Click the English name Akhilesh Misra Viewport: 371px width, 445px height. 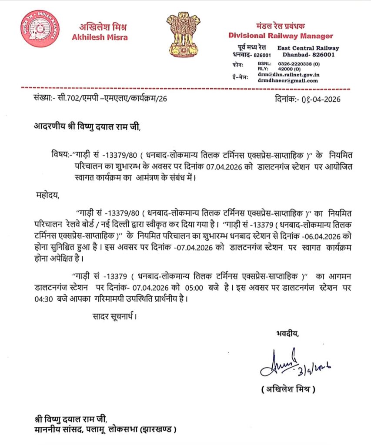tap(100, 37)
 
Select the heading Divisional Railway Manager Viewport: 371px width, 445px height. tap(281, 36)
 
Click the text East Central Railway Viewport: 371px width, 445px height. tap(308, 48)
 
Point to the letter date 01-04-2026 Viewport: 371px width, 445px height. tap(319, 99)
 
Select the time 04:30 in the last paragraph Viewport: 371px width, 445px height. tap(43, 299)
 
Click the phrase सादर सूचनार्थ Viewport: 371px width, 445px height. tap(114, 316)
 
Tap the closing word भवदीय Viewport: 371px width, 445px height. tap(287, 334)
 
